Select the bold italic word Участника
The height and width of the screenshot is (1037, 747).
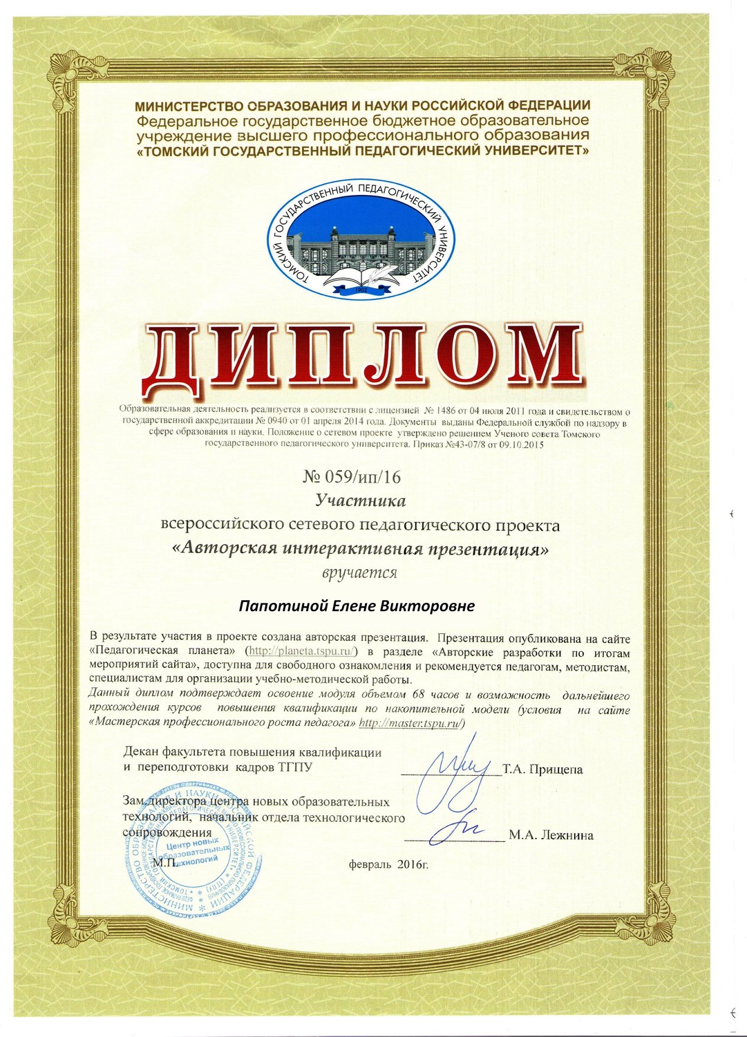tap(360, 500)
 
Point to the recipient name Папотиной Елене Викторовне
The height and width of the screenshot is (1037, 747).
tap(357, 606)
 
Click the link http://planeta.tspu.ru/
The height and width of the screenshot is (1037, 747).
tap(303, 651)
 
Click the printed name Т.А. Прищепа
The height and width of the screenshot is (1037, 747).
tap(542, 769)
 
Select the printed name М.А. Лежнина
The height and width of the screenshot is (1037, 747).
tap(551, 835)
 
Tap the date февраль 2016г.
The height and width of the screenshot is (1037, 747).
tap(388, 863)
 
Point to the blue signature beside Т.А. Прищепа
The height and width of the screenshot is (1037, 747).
tap(453, 767)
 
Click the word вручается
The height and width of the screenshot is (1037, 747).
tap(359, 572)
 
